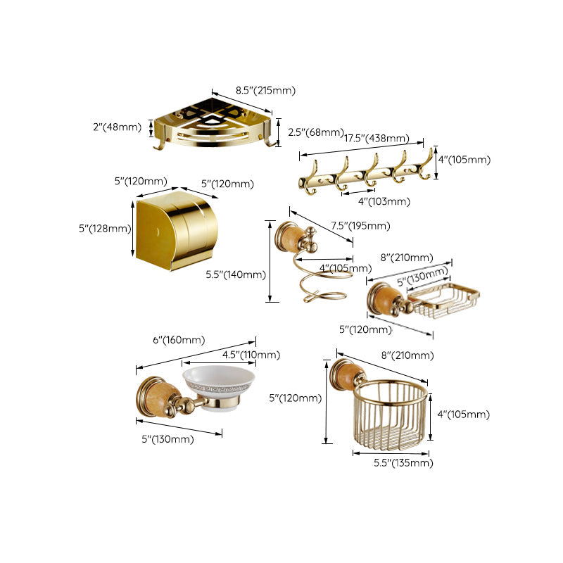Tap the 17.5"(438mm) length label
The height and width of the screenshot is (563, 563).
(377, 138)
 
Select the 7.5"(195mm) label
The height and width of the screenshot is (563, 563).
(360, 226)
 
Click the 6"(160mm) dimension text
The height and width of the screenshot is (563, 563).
(170, 340)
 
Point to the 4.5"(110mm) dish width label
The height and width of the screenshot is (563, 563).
(251, 355)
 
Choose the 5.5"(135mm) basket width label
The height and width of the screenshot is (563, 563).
(403, 462)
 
